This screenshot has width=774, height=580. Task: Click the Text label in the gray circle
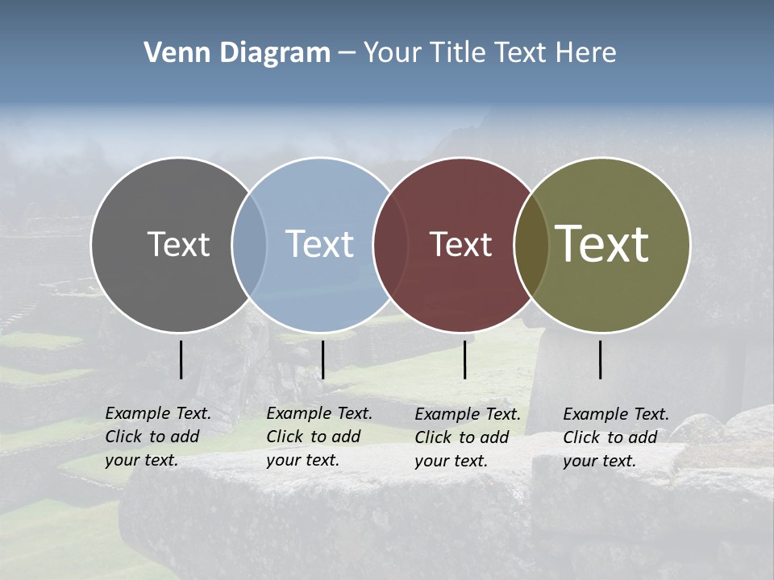click(178, 244)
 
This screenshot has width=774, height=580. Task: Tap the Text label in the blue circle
click(319, 244)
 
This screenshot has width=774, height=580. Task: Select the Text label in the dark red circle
click(460, 244)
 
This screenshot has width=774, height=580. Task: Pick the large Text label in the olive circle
click(602, 244)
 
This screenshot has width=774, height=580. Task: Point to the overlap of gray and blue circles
click(249, 244)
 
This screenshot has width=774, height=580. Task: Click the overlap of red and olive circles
click(531, 244)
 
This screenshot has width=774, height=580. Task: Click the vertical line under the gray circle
click(181, 359)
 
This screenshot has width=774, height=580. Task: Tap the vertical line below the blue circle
click(322, 359)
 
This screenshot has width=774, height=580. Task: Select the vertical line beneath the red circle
click(464, 359)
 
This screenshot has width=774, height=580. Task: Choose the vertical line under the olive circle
click(601, 359)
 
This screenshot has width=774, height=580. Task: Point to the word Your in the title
click(393, 53)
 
